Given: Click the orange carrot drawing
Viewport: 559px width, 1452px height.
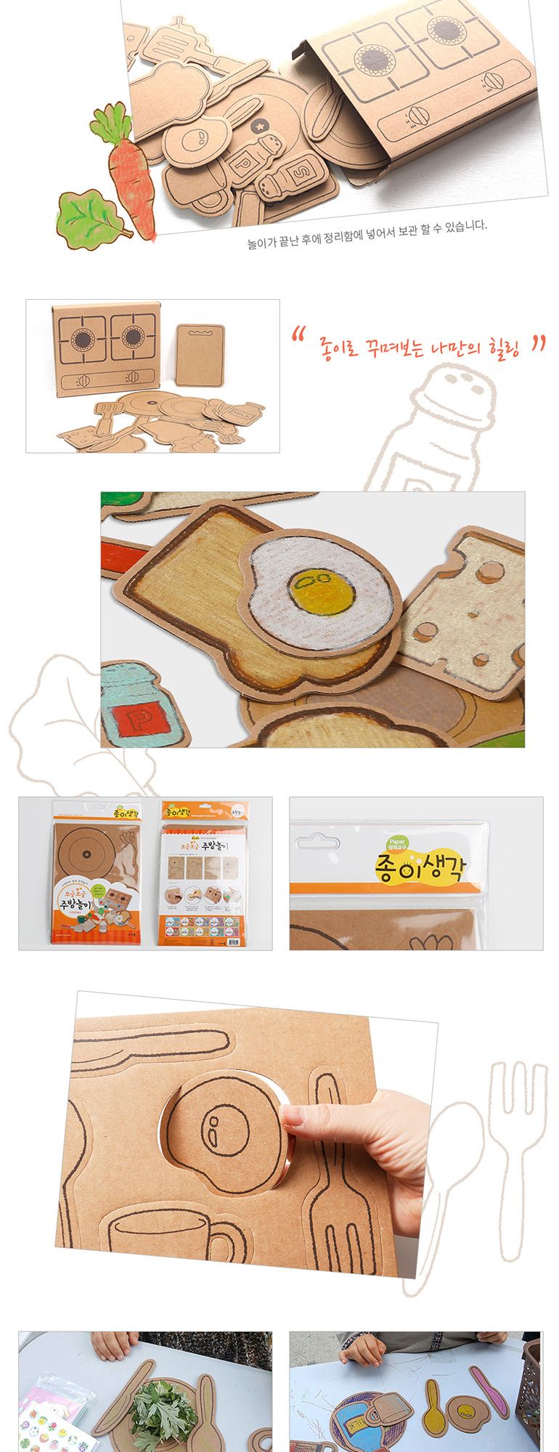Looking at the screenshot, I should click(130, 174).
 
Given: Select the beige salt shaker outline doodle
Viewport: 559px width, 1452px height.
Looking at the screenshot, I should click(436, 428).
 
